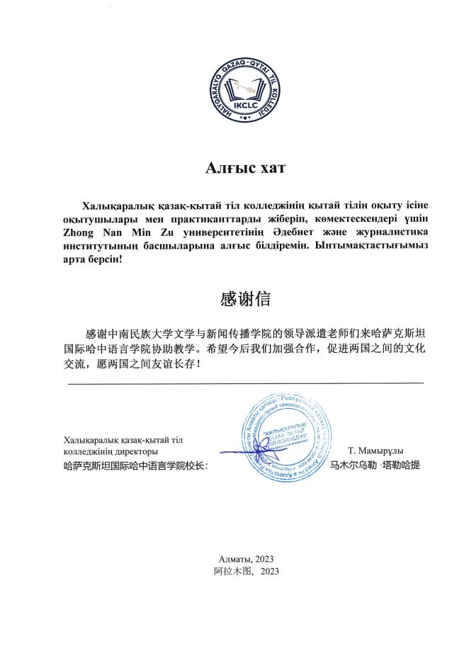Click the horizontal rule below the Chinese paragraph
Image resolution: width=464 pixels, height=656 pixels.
point(245,383)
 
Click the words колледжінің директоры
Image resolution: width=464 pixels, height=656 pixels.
point(111,452)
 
